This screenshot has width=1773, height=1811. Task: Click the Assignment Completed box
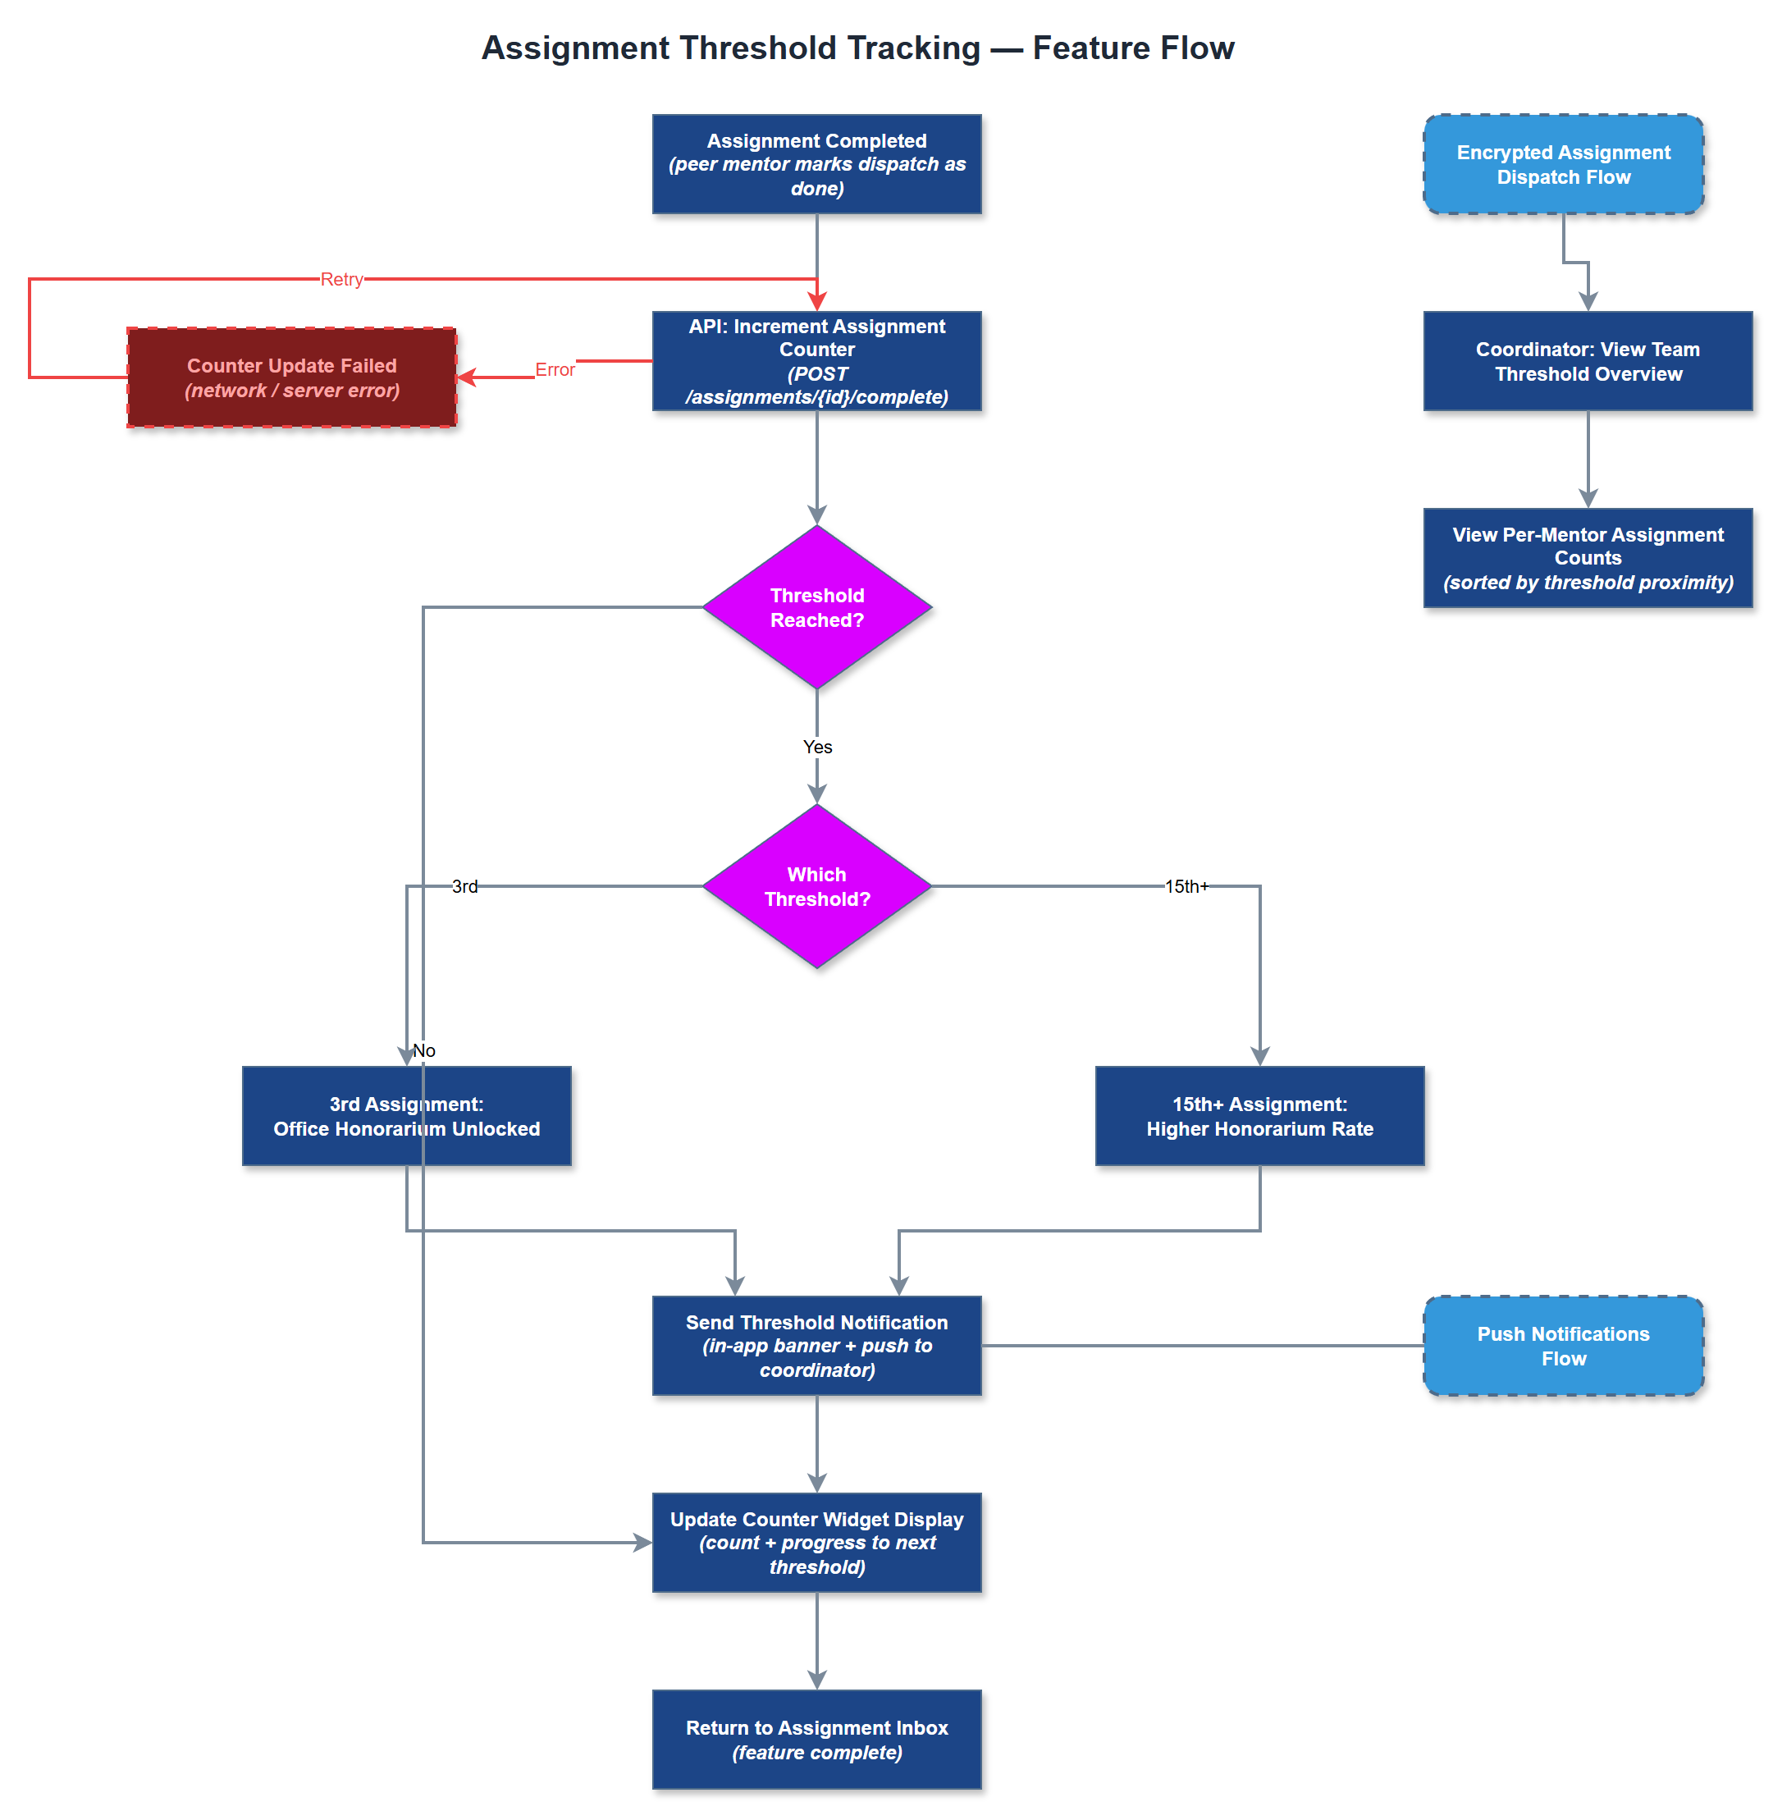pyautogui.click(x=816, y=164)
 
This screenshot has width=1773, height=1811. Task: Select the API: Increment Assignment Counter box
pyautogui.click(x=816, y=360)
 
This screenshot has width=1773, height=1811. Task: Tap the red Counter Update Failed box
pyautogui.click(x=291, y=377)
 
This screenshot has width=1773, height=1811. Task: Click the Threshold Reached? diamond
pyautogui.click(x=816, y=607)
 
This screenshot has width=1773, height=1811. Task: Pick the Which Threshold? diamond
pyautogui.click(x=816, y=885)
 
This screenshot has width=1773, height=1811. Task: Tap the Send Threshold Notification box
pyautogui.click(x=816, y=1345)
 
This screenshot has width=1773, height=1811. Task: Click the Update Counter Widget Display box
pyautogui.click(x=816, y=1542)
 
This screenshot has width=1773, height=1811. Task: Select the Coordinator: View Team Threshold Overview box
pyautogui.click(x=1588, y=360)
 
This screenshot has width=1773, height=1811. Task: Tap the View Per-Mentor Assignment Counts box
pyautogui.click(x=1588, y=558)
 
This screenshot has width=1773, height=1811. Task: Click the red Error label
pyautogui.click(x=554, y=369)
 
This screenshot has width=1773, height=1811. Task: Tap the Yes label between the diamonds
pyautogui.click(x=816, y=747)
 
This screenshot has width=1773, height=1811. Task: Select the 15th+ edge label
pyautogui.click(x=1186, y=885)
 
